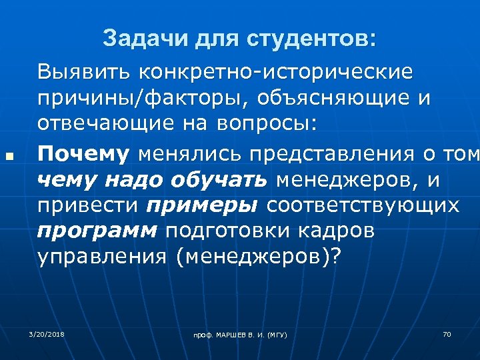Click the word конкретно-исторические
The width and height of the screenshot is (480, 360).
tap(273, 70)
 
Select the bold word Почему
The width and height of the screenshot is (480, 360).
tap(83, 154)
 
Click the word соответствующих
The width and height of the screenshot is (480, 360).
tap(363, 206)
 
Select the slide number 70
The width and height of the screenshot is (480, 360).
tap(447, 333)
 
